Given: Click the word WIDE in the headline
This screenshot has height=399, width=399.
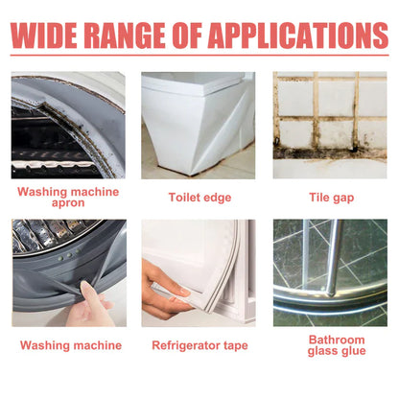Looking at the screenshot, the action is pos(44,35).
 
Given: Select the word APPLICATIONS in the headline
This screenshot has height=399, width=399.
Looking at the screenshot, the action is pos(299,35).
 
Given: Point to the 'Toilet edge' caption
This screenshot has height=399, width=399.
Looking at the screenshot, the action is pos(199,198).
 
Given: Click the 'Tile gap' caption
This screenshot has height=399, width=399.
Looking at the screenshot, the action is pos(332,198).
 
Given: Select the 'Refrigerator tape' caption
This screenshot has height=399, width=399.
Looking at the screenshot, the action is pos(199,345).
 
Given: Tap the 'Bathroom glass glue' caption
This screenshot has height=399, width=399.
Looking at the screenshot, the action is pos(337,345).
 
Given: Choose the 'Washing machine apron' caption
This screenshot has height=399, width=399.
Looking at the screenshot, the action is pos(68,197).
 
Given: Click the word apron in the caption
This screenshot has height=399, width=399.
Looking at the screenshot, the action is pos(68,203).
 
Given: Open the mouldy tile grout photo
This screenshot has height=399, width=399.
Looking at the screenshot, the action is pos(330,125).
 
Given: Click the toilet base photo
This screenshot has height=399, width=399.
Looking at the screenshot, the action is pos(199,125).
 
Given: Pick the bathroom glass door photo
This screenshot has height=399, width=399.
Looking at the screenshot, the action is pos(330,272).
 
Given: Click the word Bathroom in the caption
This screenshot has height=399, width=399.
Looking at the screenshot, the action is pos(337,340).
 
